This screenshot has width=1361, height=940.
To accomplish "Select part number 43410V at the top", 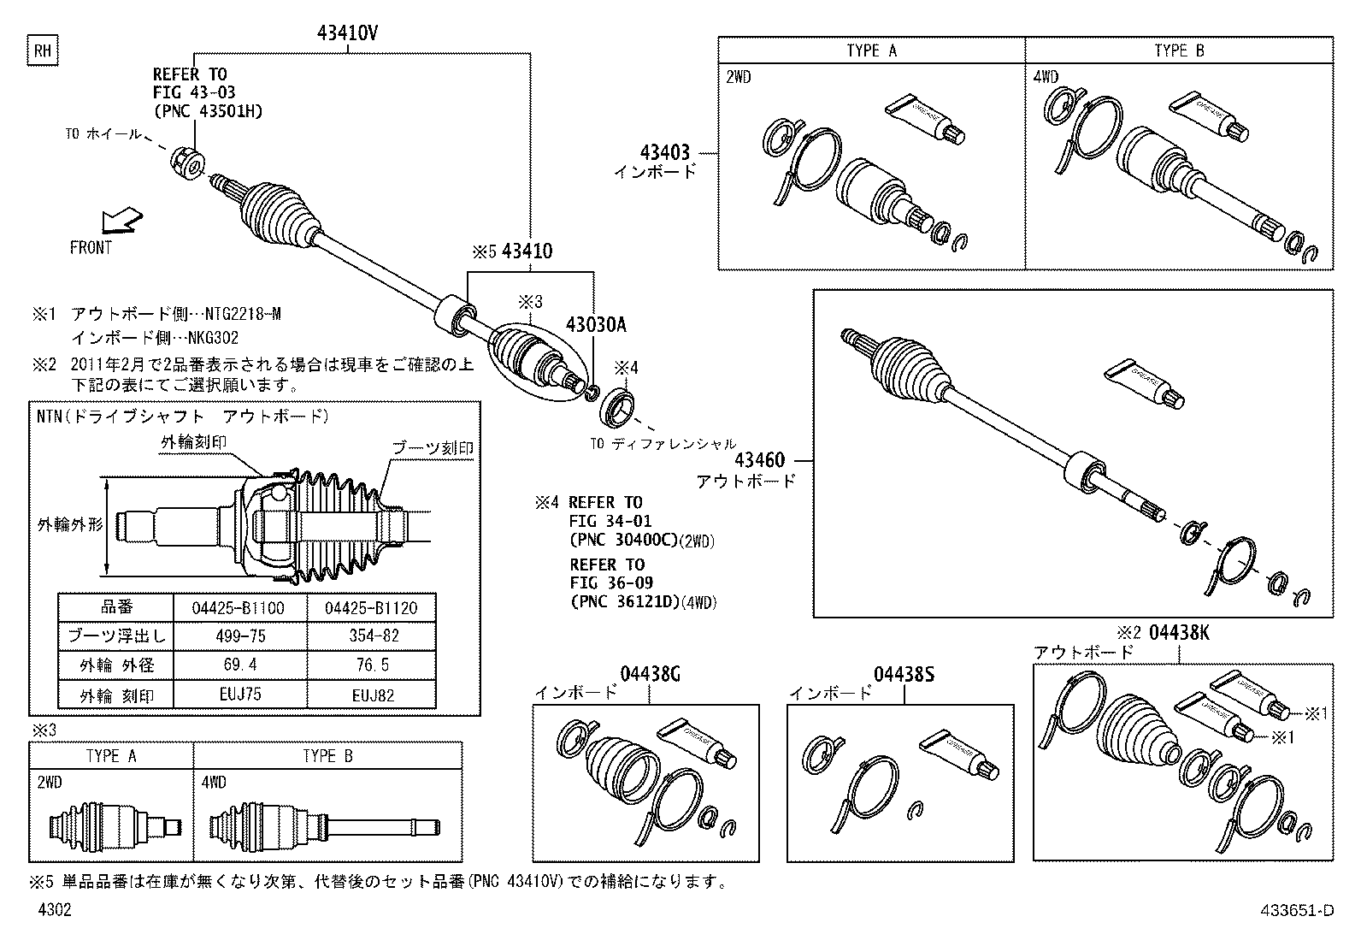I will pos(347,33).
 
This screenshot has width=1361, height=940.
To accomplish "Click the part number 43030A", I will pos(596,325).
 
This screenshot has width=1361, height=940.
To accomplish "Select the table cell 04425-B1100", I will pos(239,607).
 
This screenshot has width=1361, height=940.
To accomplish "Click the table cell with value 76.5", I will pos(373,665).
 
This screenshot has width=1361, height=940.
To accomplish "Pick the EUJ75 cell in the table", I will pos(239,694).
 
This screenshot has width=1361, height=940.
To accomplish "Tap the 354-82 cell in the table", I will pos(373,636).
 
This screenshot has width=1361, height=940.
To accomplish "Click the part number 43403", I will pos(664,153).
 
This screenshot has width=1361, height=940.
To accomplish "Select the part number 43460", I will pos(758,461).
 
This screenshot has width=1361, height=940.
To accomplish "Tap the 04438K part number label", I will pos(1179,633).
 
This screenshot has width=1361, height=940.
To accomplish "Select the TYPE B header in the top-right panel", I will pos(1178,50).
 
